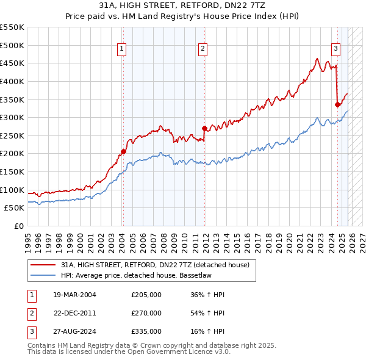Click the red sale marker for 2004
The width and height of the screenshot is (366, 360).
coord(123,151)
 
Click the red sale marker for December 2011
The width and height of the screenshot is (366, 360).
coord(204,128)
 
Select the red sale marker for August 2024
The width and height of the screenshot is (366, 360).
coord(337,104)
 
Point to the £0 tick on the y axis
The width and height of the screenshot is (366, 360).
coord(19,226)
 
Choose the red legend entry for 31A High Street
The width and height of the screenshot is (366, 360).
coord(155,265)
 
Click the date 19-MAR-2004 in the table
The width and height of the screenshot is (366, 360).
coord(74,295)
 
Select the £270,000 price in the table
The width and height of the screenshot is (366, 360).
coord(146,313)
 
